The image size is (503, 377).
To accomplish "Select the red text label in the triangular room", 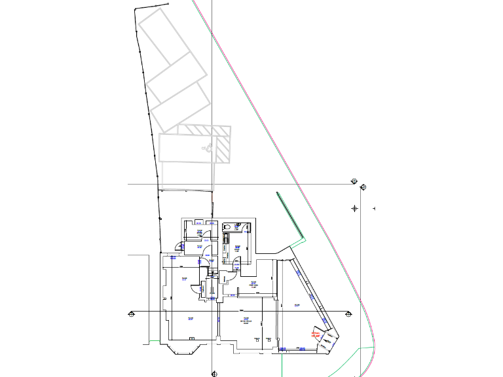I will [x=316, y=334].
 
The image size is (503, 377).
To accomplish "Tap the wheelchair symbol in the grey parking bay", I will [x=208, y=148].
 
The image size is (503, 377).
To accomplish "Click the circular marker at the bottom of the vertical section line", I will [x=213, y=374].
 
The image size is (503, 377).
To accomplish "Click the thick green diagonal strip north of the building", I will [x=290, y=215].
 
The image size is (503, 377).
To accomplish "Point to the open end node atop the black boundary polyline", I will [x=168, y=4].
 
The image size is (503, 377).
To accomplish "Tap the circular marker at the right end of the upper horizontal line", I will [x=354, y=181].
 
